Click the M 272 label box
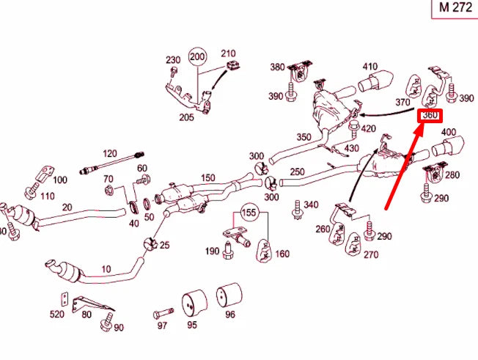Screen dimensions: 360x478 pos(455,8)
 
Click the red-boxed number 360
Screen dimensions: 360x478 pos(430,115)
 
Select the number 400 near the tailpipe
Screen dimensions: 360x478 pos(448,132)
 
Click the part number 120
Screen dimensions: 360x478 pos(109,153)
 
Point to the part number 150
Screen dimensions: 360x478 pos(207,178)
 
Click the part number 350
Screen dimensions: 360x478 pos(304,137)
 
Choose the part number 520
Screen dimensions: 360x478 pos(56,314)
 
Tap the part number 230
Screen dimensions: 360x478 pos(172,59)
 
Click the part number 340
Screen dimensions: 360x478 pos(311,205)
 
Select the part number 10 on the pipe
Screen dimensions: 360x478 pos(106,269)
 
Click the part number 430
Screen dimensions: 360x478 pos(351,148)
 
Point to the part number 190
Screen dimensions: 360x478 pos(212,251)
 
